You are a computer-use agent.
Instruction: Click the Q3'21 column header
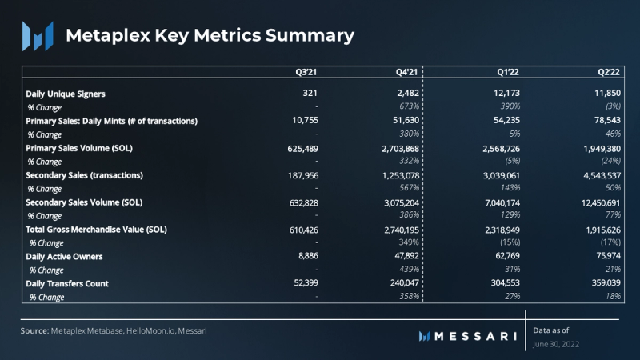[x=306, y=72]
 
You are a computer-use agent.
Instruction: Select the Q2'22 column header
[x=610, y=72]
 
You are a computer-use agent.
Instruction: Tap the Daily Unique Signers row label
[x=66, y=94]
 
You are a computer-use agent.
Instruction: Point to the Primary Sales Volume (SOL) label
[x=85, y=148]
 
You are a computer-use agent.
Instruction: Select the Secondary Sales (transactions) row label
[x=85, y=175]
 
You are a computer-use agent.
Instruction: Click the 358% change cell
[x=409, y=297]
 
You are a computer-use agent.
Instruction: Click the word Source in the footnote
[x=34, y=330]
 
